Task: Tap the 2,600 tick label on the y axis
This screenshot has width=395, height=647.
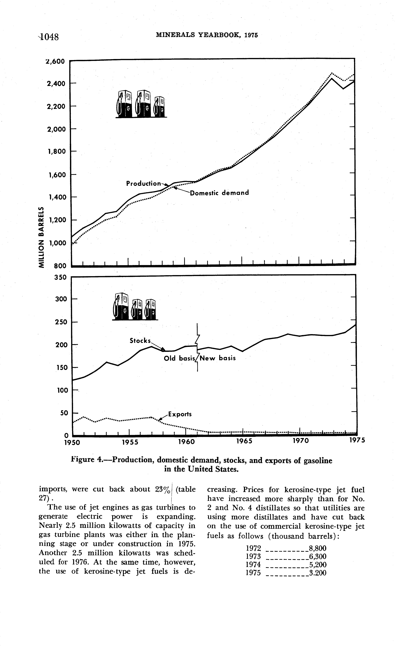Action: pos(55,61)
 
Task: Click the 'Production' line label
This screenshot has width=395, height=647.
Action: pos(144,184)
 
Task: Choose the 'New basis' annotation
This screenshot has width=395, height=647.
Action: pos(218,358)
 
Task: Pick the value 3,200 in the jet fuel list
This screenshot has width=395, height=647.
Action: pos(318,573)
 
